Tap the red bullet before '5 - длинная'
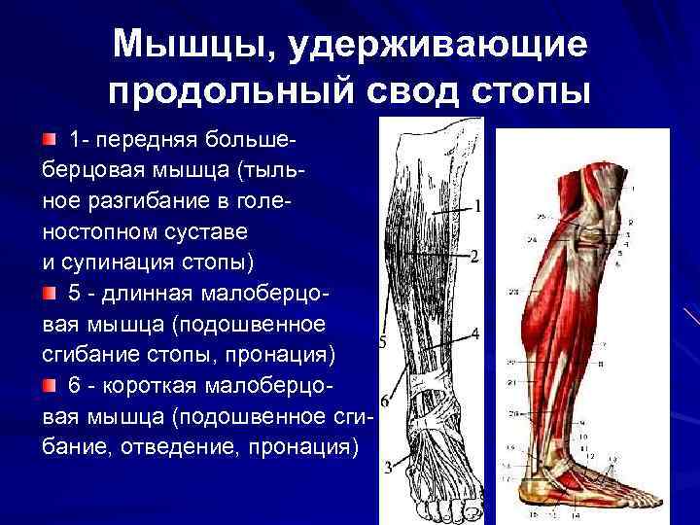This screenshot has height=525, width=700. click(50, 293)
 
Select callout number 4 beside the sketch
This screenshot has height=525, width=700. click(474, 333)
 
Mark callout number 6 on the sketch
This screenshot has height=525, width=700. click(385, 402)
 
